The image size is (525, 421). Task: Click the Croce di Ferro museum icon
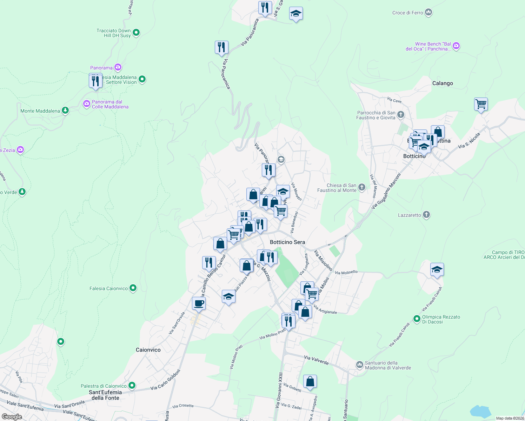point(428,13)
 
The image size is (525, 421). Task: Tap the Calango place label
point(443,83)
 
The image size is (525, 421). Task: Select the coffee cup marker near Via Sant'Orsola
point(199,303)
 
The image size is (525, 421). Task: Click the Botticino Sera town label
point(287,242)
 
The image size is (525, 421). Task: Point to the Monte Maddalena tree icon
point(65,111)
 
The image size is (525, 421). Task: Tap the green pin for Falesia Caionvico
point(133,288)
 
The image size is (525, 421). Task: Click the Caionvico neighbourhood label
point(148,350)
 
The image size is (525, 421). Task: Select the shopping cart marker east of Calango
point(481,104)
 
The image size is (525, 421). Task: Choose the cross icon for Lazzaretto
point(426,215)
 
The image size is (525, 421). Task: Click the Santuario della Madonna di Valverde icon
point(359,365)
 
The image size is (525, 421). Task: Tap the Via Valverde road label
point(316,360)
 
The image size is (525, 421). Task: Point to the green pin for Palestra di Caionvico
point(132,386)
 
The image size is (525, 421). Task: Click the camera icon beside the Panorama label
point(118,67)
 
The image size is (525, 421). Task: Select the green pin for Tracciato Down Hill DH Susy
point(137,33)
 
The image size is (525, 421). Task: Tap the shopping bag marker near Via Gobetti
point(310,381)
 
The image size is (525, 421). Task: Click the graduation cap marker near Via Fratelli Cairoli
point(437,270)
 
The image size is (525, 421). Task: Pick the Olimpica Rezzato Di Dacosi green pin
point(417,319)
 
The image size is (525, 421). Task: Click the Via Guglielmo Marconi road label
point(386,192)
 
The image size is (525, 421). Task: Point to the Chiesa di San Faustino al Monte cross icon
point(362,187)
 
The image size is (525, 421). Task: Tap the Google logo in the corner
point(12,416)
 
